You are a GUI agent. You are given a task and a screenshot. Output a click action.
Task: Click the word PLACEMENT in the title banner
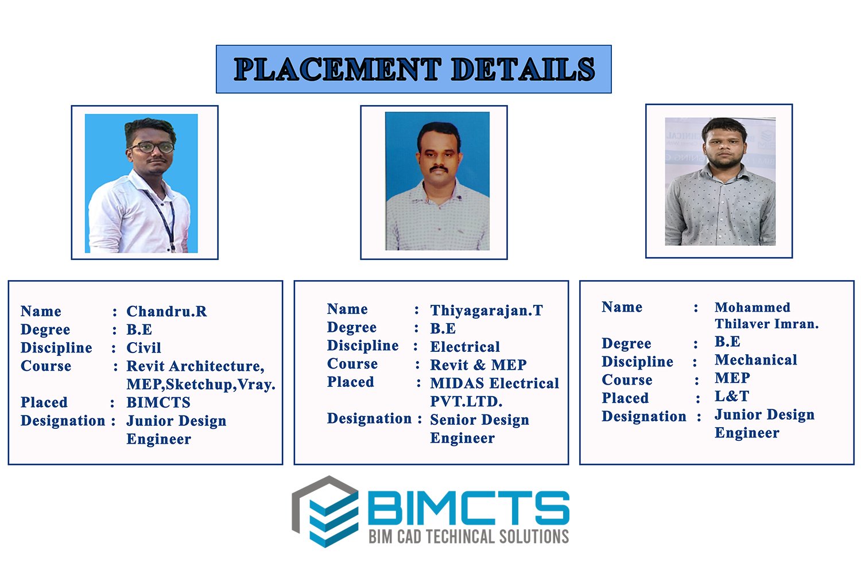(x=338, y=69)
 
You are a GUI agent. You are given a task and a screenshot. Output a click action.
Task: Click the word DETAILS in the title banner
(x=523, y=69)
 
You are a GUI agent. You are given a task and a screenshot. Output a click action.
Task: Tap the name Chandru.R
(x=166, y=312)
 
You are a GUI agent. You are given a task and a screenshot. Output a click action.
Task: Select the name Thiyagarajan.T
(x=486, y=311)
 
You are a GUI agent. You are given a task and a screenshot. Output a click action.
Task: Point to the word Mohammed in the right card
(x=752, y=307)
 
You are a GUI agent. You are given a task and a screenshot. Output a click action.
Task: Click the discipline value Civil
(x=143, y=348)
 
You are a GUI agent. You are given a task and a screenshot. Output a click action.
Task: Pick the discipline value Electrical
(x=465, y=347)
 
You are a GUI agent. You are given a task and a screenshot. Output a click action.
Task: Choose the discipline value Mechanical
(x=756, y=360)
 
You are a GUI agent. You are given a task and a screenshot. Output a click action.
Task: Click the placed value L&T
(x=731, y=396)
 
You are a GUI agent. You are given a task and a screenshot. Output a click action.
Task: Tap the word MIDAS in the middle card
(x=457, y=383)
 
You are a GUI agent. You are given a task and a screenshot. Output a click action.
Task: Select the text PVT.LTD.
(x=466, y=401)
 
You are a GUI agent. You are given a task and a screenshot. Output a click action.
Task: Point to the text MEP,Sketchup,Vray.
(x=201, y=385)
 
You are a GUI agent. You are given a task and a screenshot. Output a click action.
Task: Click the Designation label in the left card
(x=63, y=421)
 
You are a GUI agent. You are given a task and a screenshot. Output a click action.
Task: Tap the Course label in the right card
(x=627, y=380)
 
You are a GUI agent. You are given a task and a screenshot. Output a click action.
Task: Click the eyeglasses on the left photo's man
(x=152, y=147)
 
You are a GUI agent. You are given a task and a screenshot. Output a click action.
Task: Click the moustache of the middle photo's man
(x=439, y=168)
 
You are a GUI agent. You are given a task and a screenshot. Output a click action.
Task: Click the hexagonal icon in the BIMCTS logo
(x=325, y=511)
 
